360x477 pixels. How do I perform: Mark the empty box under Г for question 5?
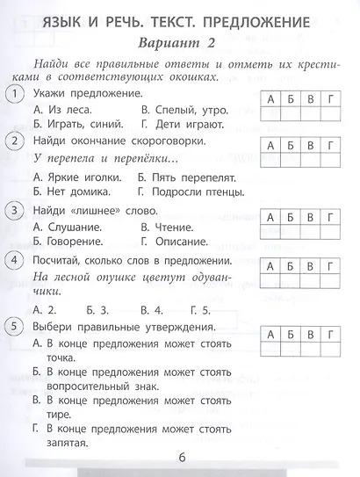tap(330, 351)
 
